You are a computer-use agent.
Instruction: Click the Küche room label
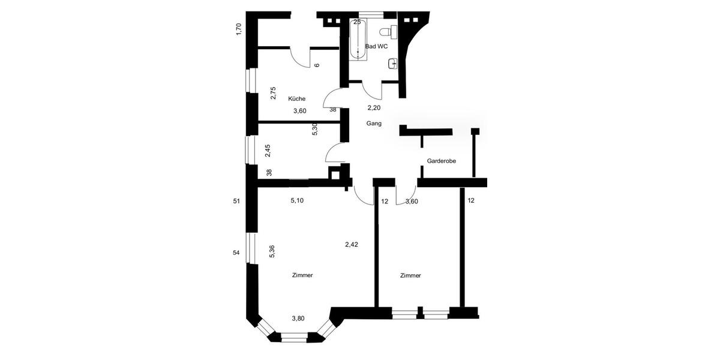296,98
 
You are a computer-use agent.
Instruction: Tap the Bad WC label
376,46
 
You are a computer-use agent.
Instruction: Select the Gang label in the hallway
374,123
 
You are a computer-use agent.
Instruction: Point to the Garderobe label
442,161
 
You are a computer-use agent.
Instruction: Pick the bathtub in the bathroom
358,41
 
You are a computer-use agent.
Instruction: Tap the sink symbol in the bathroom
393,62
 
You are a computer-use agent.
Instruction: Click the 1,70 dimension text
239,29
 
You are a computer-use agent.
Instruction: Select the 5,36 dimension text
272,251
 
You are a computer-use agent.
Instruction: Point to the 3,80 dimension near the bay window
298,318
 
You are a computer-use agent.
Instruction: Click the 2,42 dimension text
352,244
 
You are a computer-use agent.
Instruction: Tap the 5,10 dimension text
297,201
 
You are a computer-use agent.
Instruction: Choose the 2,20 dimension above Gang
374,108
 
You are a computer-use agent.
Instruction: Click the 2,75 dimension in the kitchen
273,93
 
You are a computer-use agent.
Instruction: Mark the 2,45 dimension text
268,149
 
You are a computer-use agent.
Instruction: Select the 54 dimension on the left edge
236,253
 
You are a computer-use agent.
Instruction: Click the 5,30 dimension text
314,129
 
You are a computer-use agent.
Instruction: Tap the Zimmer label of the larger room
302,275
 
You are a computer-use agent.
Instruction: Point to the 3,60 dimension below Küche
300,110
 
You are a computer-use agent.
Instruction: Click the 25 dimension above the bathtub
358,22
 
